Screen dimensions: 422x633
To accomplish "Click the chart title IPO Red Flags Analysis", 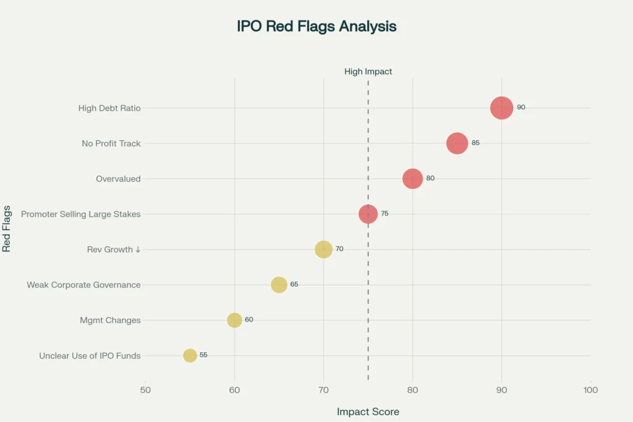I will [316, 27].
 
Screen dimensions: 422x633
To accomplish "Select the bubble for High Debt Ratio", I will [501, 108].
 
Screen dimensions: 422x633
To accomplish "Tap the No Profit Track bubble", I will [457, 143].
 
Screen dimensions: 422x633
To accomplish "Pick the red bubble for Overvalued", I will [412, 179].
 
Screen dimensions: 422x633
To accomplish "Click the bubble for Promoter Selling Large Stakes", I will [368, 214].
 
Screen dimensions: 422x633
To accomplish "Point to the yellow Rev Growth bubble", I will [323, 250].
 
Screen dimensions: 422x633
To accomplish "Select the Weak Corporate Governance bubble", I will [279, 285].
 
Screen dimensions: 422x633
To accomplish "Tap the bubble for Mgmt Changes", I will [234, 320].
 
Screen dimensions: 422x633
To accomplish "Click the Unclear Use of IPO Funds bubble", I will [190, 355].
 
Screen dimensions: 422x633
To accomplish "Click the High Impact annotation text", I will [368, 72].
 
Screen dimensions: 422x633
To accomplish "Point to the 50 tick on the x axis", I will [145, 390].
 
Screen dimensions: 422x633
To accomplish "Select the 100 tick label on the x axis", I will [590, 390].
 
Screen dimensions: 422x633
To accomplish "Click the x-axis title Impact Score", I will [368, 411].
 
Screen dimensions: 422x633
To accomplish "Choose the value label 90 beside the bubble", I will [521, 108].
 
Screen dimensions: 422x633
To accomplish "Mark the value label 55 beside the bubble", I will [203, 355].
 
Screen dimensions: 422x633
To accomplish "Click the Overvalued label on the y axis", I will [118, 179].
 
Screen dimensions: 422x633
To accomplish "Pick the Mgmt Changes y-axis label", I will [110, 321].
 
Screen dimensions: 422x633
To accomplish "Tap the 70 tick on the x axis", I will [323, 390].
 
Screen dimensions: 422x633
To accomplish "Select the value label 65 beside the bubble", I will [294, 284].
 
